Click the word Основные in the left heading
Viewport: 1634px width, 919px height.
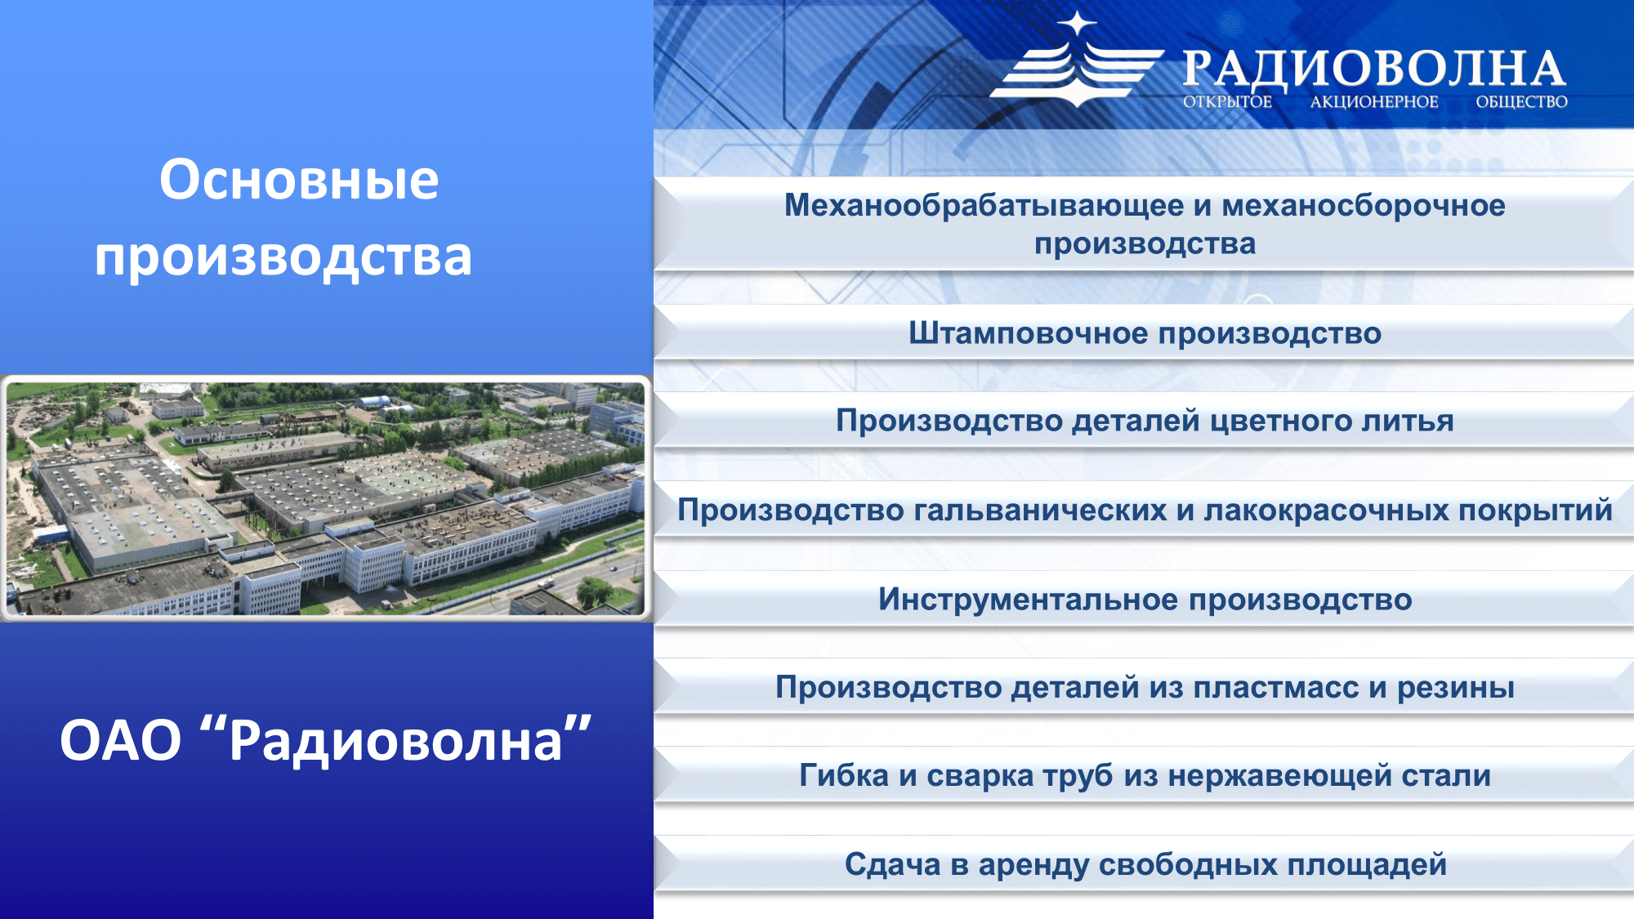pyautogui.click(x=299, y=181)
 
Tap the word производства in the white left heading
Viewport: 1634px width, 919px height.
pyautogui.click(x=283, y=258)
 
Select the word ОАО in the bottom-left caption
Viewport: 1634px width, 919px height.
pyautogui.click(x=120, y=741)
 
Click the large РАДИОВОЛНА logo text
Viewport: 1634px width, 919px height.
pyautogui.click(x=1374, y=69)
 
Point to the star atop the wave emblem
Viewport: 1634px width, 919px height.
pyautogui.click(x=1078, y=24)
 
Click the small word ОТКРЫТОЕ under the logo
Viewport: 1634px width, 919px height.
pyautogui.click(x=1227, y=102)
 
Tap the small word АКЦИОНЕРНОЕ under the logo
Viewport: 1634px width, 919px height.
pyautogui.click(x=1374, y=102)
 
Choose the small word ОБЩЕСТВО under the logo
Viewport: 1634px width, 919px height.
pyautogui.click(x=1521, y=102)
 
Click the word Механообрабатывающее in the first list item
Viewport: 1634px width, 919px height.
pyautogui.click(x=984, y=206)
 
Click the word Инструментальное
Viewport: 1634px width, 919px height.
pyautogui.click(x=1029, y=600)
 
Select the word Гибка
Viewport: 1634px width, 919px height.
pyautogui.click(x=844, y=775)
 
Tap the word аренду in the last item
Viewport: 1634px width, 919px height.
pyautogui.click(x=1034, y=865)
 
